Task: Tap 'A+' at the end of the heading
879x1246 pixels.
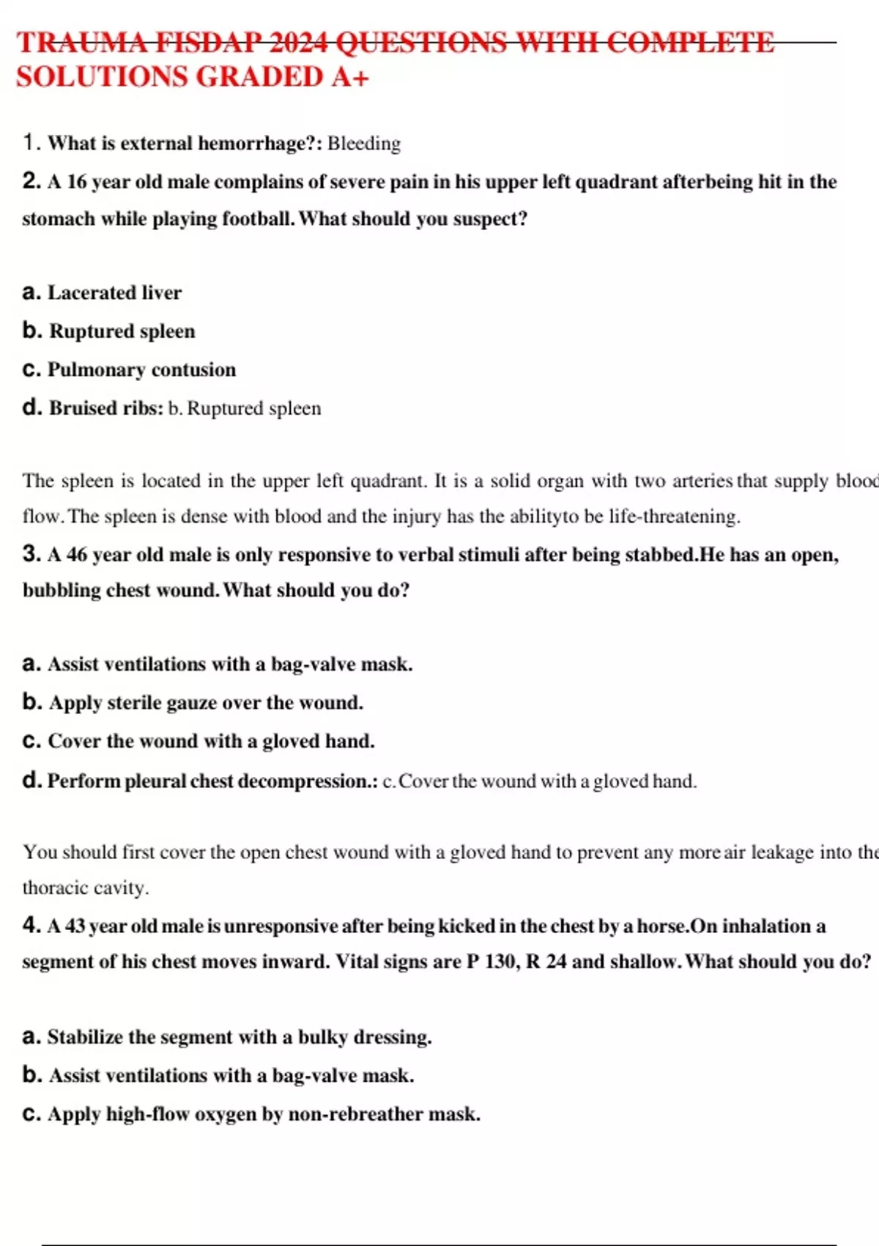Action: click(x=349, y=77)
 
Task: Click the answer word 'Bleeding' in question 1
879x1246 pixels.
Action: click(x=364, y=144)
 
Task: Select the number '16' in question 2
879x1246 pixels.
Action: click(x=77, y=182)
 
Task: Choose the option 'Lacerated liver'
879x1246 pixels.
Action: click(x=114, y=293)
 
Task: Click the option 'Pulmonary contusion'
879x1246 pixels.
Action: click(x=141, y=369)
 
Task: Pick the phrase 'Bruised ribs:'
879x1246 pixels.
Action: click(x=106, y=408)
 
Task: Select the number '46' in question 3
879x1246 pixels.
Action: click(x=77, y=555)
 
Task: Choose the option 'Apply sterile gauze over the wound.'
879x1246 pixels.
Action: click(x=206, y=703)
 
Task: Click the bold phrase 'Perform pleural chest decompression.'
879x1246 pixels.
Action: click(x=212, y=781)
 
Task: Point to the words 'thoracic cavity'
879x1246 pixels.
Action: click(x=85, y=888)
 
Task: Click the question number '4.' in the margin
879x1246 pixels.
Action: click(x=31, y=925)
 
